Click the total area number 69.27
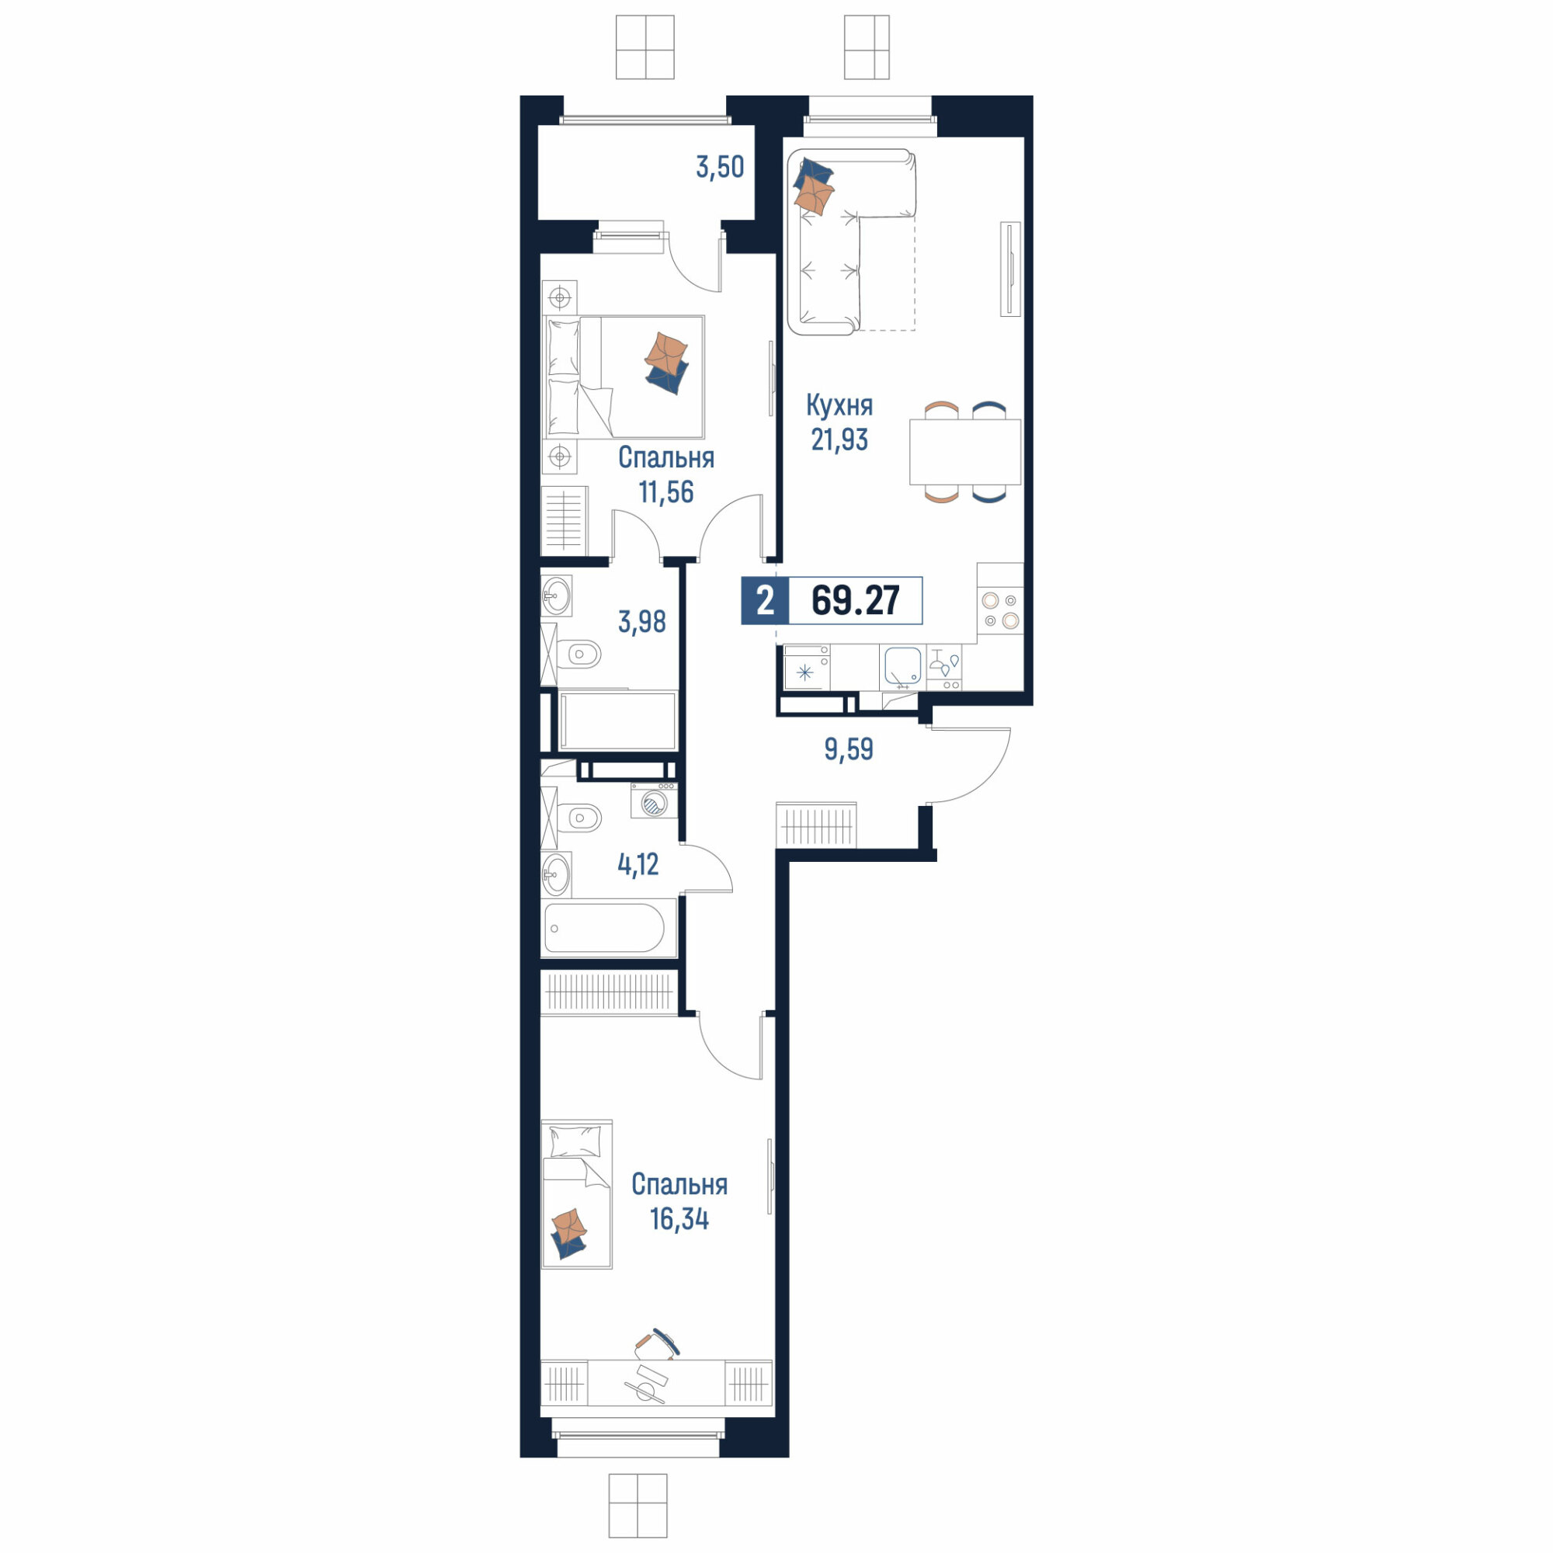point(855,600)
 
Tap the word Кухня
point(839,406)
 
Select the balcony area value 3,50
point(720,167)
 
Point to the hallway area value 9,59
point(848,749)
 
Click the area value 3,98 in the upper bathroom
point(641,621)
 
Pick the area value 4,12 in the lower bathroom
point(638,864)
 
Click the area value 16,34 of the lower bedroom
point(679,1218)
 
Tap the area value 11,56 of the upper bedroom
point(665,492)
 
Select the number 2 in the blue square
point(766,600)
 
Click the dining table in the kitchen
point(964,452)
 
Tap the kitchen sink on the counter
point(903,666)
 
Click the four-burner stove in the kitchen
point(1001,610)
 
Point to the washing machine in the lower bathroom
point(654,801)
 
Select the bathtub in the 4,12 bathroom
point(604,929)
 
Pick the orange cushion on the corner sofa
point(815,196)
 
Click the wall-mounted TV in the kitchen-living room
point(1009,269)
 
